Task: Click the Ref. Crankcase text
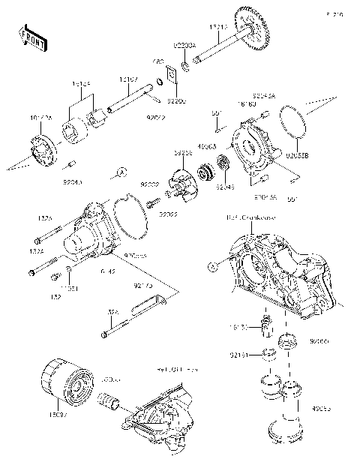coord(250,217)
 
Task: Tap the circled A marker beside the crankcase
coord(213,266)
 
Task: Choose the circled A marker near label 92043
coord(119,172)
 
